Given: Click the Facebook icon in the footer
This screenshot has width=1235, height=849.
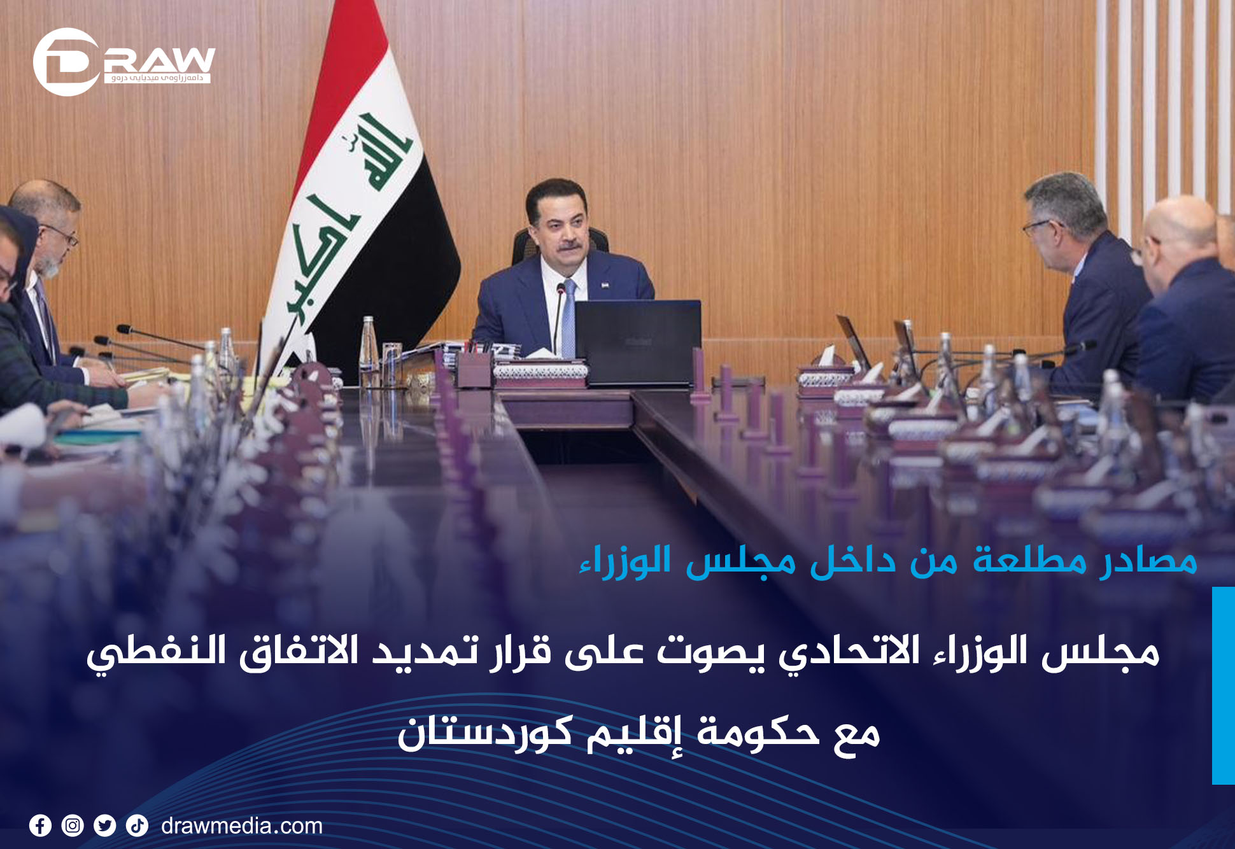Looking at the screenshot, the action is pyautogui.click(x=40, y=825).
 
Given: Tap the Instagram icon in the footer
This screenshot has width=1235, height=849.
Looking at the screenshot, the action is pyautogui.click(x=73, y=825).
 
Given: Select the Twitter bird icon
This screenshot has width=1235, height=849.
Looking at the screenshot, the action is pyautogui.click(x=105, y=825).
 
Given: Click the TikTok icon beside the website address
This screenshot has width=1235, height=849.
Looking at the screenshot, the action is pyautogui.click(x=137, y=825).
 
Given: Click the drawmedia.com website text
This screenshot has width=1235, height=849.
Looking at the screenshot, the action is pyautogui.click(x=242, y=826).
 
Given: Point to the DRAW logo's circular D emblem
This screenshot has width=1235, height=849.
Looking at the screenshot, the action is pyautogui.click(x=66, y=62).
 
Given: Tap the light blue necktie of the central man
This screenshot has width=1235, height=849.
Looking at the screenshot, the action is pyautogui.click(x=568, y=319).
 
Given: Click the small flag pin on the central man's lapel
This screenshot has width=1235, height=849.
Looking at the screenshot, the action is pyautogui.click(x=604, y=284).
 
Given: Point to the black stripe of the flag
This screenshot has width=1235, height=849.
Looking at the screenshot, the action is pyautogui.click(x=395, y=267).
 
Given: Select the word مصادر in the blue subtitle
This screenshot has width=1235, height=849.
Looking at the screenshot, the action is pyautogui.click(x=1149, y=561).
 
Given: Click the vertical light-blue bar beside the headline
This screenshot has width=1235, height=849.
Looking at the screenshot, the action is pyautogui.click(x=1224, y=685).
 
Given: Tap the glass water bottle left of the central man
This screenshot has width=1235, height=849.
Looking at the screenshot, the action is pyautogui.click(x=369, y=351).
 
